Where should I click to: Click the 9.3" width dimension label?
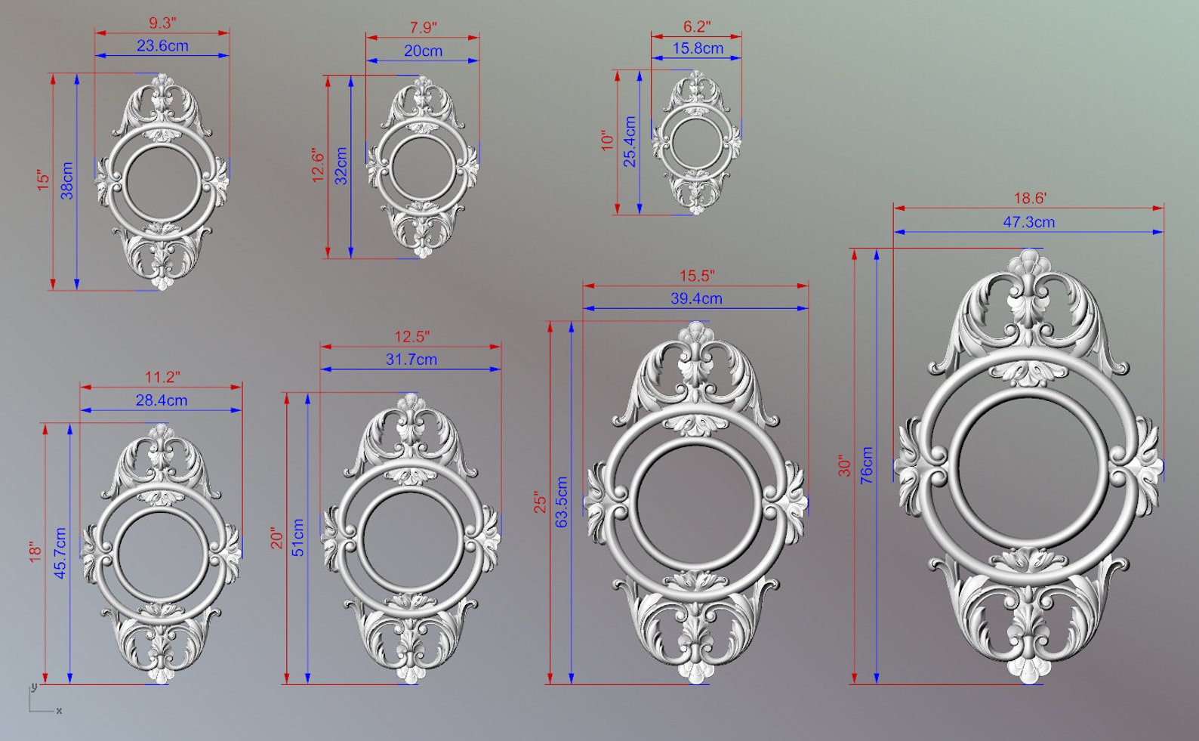[162, 23]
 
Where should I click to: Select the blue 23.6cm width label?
[162, 45]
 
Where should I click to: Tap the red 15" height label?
[43, 181]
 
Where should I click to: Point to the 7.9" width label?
[423, 27]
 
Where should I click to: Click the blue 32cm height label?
[341, 166]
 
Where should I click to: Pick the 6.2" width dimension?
[696, 26]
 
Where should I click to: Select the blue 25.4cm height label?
[630, 142]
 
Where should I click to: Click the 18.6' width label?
[1029, 198]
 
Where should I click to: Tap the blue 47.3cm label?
[1028, 221]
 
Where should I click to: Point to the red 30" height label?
[844, 466]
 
